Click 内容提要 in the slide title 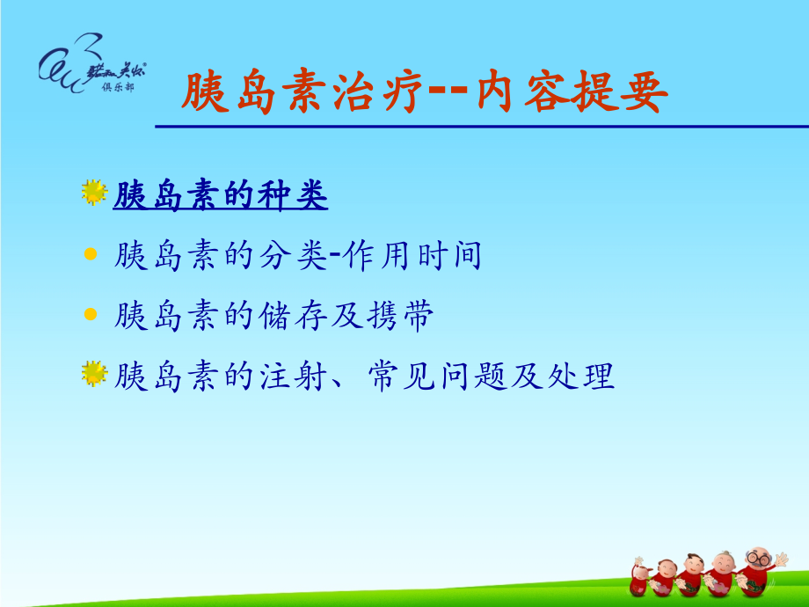(572, 93)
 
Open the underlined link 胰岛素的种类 (221, 196)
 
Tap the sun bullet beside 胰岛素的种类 (93, 193)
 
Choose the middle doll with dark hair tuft (693, 576)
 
